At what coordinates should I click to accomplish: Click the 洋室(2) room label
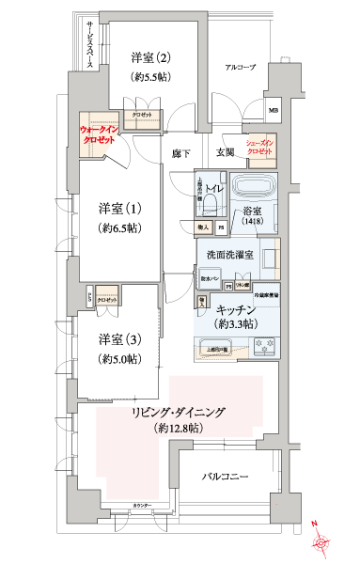click(x=150, y=57)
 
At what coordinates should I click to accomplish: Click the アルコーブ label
click(x=241, y=69)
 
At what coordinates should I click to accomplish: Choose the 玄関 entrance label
click(x=227, y=152)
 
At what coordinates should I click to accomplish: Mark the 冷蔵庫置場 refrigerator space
click(x=266, y=296)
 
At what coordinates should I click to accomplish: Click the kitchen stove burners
click(x=261, y=350)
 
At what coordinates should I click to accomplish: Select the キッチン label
click(x=236, y=309)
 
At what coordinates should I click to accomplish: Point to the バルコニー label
click(x=226, y=478)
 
